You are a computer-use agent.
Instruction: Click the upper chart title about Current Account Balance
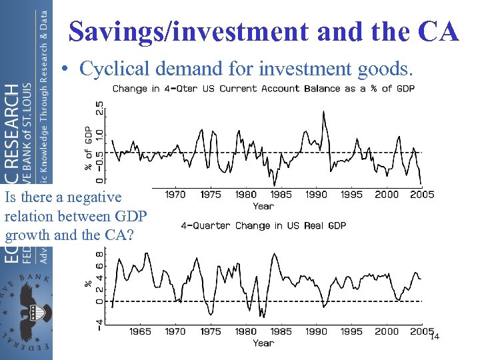(263, 89)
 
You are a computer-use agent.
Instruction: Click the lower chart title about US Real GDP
(263, 226)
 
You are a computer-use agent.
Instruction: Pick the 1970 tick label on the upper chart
(175, 195)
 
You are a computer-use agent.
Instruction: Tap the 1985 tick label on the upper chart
(281, 195)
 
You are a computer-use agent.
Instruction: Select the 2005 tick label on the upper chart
(422, 195)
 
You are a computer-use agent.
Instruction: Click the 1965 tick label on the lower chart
(140, 331)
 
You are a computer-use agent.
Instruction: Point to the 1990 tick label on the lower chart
(316, 331)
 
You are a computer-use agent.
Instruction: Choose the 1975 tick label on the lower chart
(211, 331)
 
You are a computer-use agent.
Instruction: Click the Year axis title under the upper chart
(263, 206)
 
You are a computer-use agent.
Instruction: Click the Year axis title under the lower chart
(263, 343)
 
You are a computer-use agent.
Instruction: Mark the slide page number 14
(434, 337)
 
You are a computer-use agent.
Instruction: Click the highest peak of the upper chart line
(324, 111)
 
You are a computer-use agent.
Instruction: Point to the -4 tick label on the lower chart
(99, 325)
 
